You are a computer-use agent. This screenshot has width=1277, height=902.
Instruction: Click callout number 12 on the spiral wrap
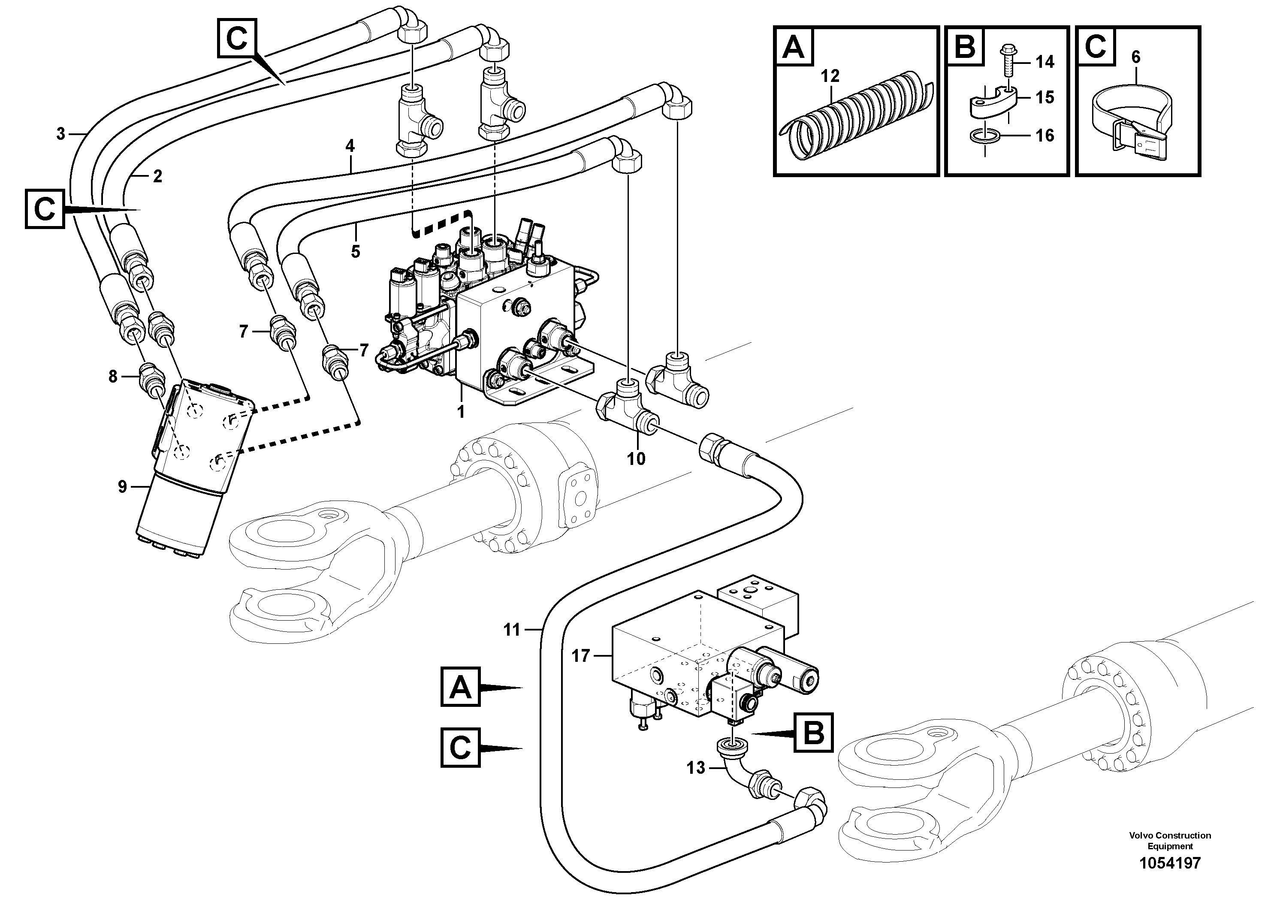click(830, 76)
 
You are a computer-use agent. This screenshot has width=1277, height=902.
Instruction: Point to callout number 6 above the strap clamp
click(1136, 57)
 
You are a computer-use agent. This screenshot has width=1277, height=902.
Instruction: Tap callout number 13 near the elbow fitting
click(695, 768)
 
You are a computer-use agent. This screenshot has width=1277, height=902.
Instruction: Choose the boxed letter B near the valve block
click(814, 733)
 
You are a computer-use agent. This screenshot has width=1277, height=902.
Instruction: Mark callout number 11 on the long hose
click(511, 630)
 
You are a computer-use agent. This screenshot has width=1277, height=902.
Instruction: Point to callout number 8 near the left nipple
click(113, 377)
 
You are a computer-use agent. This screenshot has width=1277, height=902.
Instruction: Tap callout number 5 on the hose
click(356, 252)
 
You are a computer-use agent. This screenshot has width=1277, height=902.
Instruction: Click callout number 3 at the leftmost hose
click(61, 133)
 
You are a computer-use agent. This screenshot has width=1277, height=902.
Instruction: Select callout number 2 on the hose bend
click(157, 176)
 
